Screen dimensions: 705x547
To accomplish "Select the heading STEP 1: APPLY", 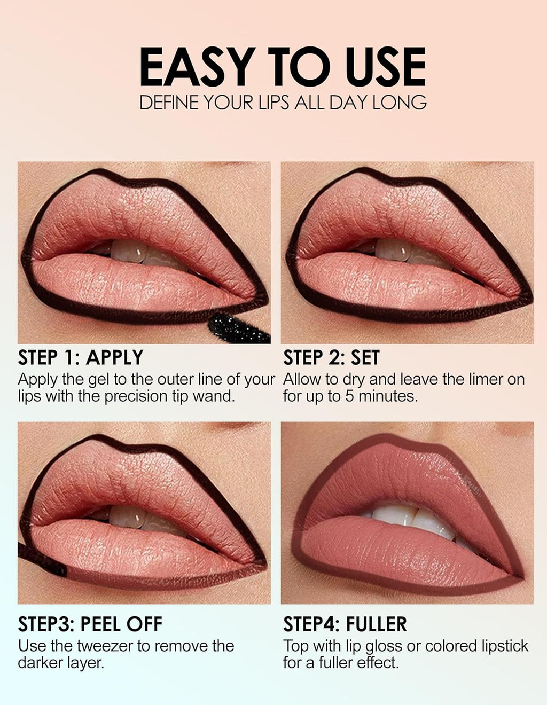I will coord(81,357).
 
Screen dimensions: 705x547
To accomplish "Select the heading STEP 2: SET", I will coord(331,357).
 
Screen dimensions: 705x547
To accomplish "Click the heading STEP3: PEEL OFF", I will coord(90,624).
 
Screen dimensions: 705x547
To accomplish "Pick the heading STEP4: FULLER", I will coord(345,624).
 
